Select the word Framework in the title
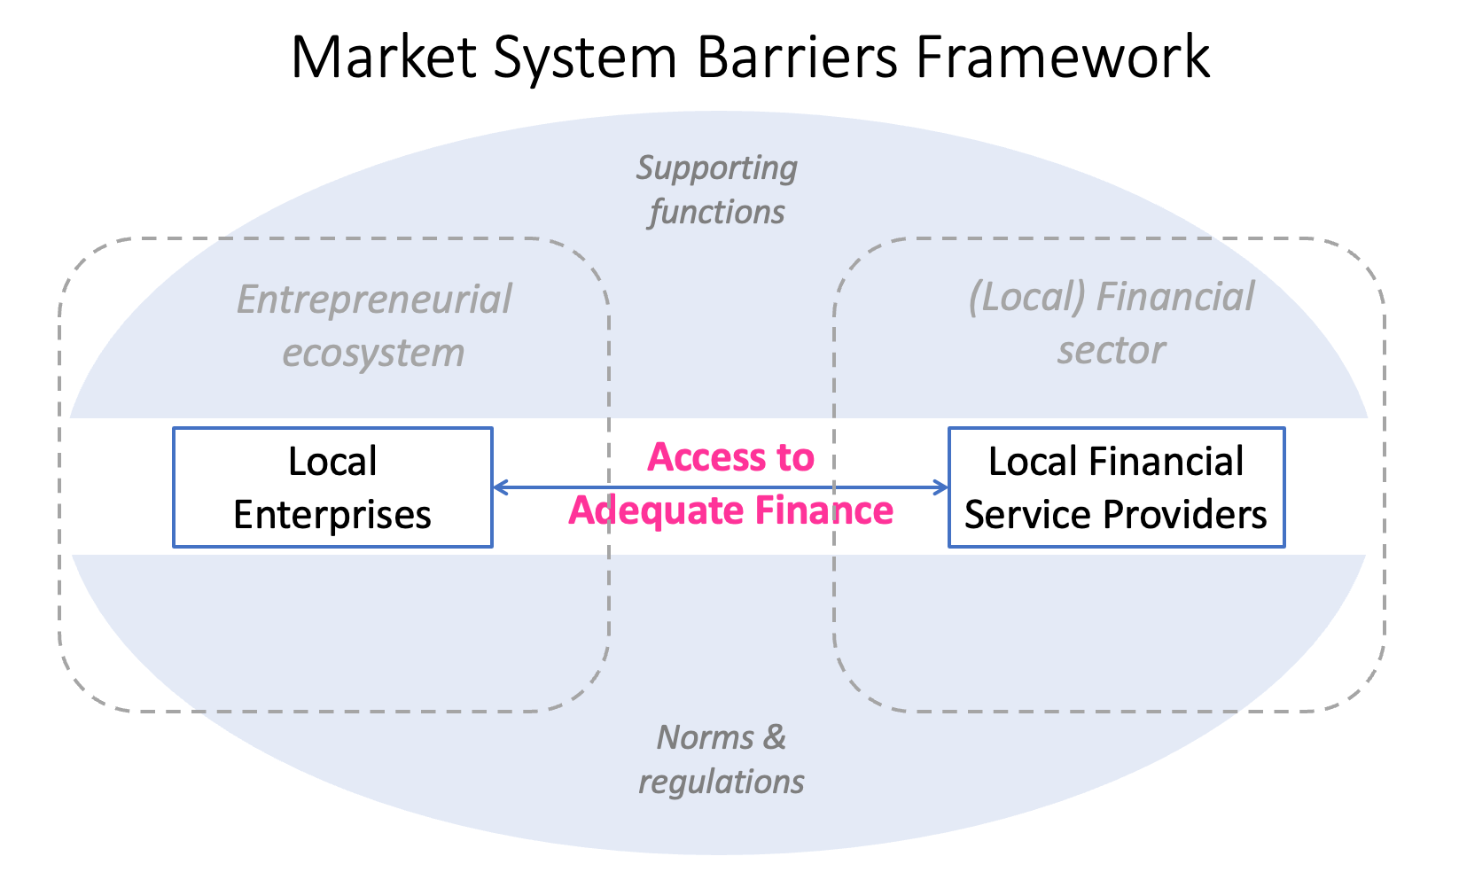pos(1062,58)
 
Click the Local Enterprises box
pos(332,487)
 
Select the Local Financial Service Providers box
pos(1116,487)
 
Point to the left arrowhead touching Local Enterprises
pos(499,487)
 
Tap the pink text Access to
pos(730,457)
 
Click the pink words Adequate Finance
pos(730,511)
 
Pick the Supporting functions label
pos(716,189)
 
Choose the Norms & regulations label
pos(721,759)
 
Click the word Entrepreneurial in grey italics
pos(374,300)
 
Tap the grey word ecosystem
pos(373,353)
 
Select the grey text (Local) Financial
pos(1112,298)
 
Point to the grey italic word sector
pos(1111,350)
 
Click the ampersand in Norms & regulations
pos(774,737)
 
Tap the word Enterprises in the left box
pos(332,515)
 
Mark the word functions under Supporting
pos(716,213)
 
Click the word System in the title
pos(584,58)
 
